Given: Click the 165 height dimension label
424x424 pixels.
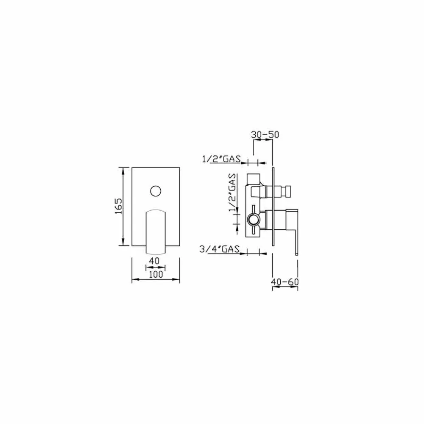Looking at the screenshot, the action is pos(119,206).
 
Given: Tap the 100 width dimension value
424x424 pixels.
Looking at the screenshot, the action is pos(156,274).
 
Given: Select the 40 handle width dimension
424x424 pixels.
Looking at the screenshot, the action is pos(154,261).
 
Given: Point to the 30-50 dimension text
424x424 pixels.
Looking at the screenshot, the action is pos(265,134).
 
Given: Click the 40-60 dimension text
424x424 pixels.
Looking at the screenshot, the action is pos(285,282).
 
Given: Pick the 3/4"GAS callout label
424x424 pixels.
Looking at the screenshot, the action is pos(220,249).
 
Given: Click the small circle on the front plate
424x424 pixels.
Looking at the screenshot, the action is pos(156,191).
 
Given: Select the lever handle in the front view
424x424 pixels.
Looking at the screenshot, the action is pos(156,232).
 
